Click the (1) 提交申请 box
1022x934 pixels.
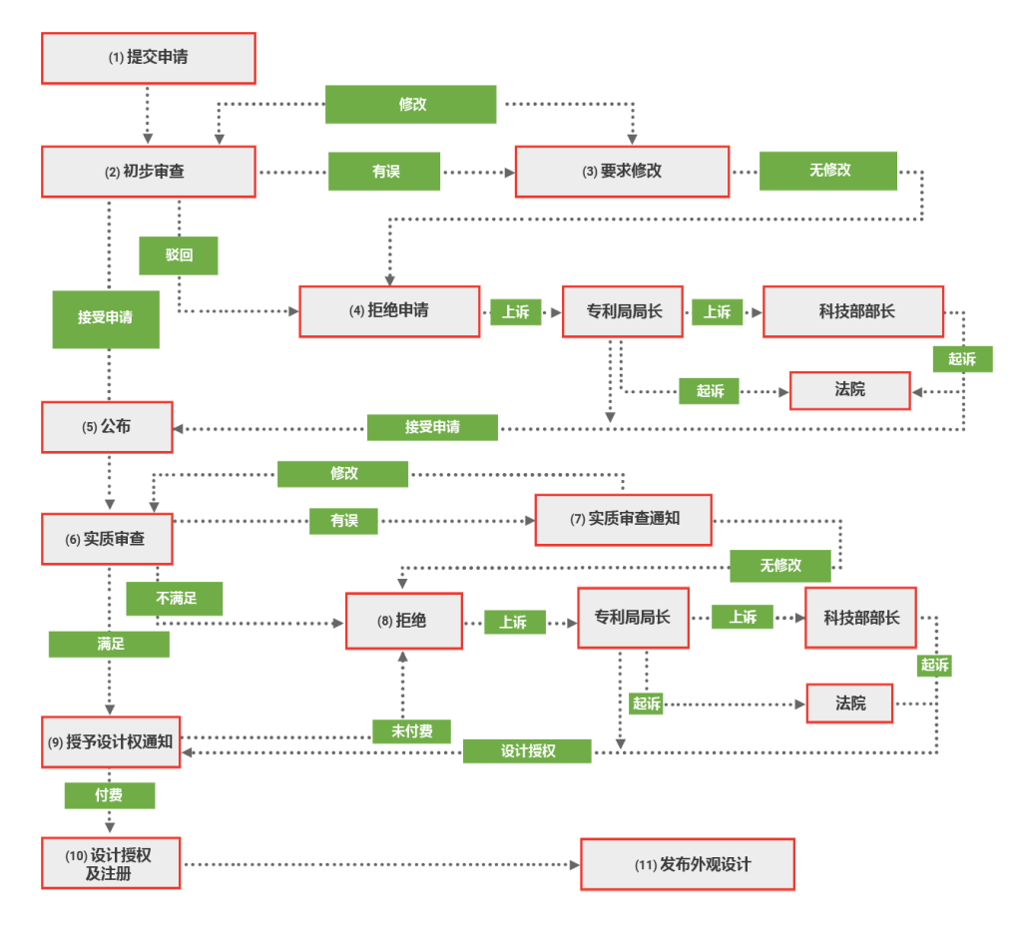click(x=148, y=58)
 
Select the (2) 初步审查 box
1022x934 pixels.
click(x=148, y=172)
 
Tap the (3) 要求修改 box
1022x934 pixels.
click(x=622, y=171)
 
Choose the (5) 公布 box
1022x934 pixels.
click(x=107, y=426)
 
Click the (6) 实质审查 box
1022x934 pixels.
click(x=107, y=539)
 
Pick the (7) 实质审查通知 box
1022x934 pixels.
click(x=624, y=519)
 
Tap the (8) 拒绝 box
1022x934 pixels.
click(x=403, y=621)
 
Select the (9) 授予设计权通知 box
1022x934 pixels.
click(x=111, y=741)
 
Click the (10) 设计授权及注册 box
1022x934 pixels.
click(x=111, y=863)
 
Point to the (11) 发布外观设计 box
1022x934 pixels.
click(x=688, y=864)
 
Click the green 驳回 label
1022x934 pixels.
click(x=179, y=255)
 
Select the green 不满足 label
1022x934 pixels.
click(x=175, y=599)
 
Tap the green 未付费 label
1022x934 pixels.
click(x=411, y=731)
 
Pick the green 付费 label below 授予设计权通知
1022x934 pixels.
click(x=110, y=795)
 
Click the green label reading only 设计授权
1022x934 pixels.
click(x=527, y=751)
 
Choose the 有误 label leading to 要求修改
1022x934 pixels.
click(x=385, y=172)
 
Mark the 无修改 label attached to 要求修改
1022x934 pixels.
click(x=828, y=171)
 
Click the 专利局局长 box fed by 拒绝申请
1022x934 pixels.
click(x=623, y=311)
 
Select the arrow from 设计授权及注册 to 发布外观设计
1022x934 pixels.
click(x=379, y=864)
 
